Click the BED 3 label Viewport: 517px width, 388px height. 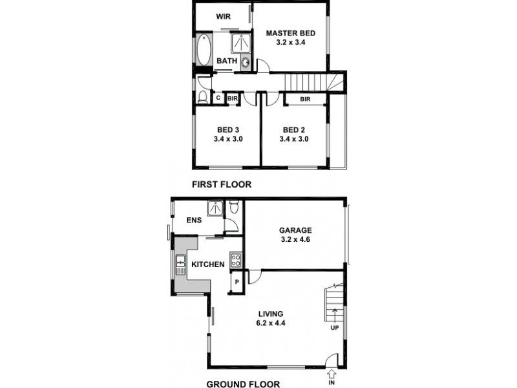(x=227, y=129)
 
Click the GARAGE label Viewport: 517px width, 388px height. (x=295, y=230)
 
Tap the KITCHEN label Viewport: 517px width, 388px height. (x=208, y=264)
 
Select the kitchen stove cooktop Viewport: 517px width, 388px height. (x=236, y=262)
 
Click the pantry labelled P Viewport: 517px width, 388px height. (x=237, y=282)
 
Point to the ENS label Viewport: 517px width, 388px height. (x=194, y=221)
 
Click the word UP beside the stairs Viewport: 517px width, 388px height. (x=335, y=328)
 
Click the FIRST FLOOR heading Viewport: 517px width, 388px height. (x=222, y=184)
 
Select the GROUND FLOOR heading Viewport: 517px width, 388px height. (x=243, y=383)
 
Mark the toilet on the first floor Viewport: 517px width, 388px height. (x=202, y=98)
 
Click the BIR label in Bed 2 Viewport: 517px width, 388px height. (x=305, y=99)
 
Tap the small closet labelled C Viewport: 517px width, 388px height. (x=218, y=98)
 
